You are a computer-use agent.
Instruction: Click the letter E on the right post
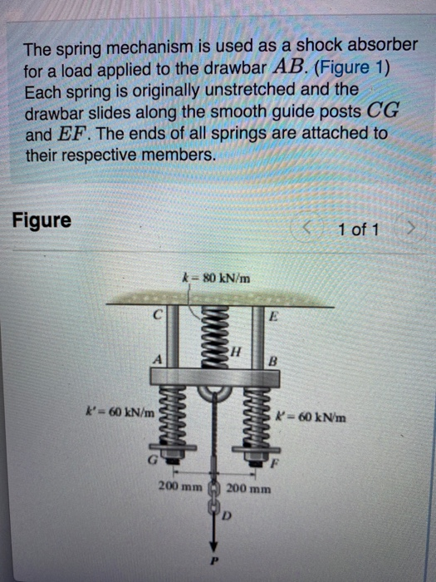tap(272, 317)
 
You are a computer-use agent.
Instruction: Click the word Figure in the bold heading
tap(42, 221)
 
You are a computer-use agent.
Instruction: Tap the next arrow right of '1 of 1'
tap(409, 226)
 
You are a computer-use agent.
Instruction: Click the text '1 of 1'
tap(359, 227)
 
